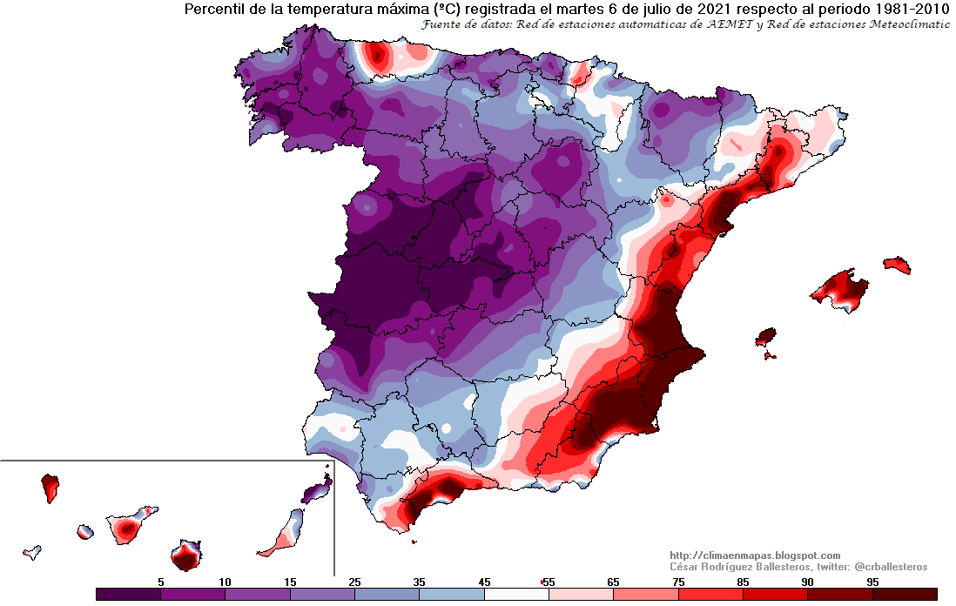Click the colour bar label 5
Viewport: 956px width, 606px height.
[160, 581]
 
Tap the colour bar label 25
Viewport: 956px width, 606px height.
[354, 581]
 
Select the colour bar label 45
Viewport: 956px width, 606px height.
[484, 581]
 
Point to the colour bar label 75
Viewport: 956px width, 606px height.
[677, 581]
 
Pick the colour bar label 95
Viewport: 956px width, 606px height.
[872, 581]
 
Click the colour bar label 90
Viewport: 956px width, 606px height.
[807, 581]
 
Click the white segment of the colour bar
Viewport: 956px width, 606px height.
[516, 594]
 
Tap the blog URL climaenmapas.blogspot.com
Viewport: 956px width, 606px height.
[755, 555]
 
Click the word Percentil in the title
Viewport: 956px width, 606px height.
[212, 10]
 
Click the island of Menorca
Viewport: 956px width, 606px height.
[897, 265]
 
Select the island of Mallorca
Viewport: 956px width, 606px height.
[839, 288]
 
